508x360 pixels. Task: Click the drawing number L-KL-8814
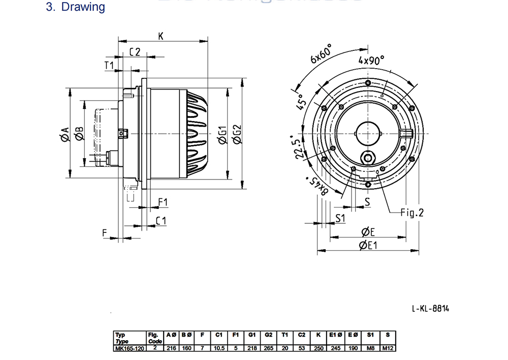pos(431,308)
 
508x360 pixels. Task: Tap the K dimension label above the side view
pos(161,36)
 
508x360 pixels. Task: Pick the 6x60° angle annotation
pos(321,53)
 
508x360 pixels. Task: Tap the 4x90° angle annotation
pos(371,60)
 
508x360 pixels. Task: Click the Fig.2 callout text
pos(412,213)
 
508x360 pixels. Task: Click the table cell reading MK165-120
pos(130,348)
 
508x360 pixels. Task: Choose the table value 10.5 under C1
pos(219,348)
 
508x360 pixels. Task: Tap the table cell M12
pos(388,348)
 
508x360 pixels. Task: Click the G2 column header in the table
pos(269,335)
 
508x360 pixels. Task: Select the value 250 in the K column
pos(318,348)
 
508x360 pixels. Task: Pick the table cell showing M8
pos(370,348)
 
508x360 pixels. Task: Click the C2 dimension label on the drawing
pos(135,52)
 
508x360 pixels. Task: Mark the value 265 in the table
pos(269,348)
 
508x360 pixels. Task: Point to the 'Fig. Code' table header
pos(154,338)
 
